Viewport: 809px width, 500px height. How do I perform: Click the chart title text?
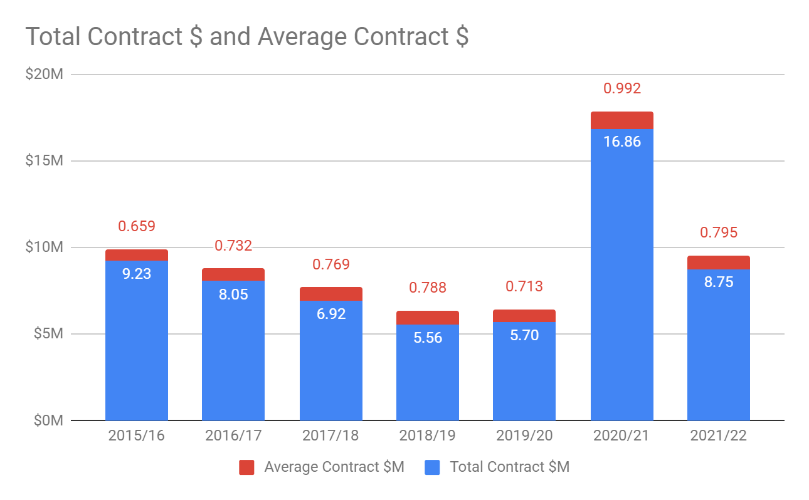point(246,37)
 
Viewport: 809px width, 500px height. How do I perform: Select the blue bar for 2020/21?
point(621,282)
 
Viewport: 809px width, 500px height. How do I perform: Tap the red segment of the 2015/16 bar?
point(136,255)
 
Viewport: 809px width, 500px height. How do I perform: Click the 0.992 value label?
point(621,88)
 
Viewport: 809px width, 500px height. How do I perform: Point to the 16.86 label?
point(621,142)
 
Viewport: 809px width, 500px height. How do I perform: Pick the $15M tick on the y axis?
point(44,161)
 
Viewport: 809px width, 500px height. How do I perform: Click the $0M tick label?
point(48,420)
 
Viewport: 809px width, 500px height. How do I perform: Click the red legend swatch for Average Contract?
point(246,467)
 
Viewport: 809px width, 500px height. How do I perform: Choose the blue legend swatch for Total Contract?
point(432,467)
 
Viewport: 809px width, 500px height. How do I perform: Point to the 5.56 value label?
point(427,338)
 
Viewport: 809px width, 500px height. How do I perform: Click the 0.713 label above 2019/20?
point(524,287)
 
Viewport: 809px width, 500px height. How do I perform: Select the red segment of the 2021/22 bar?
point(718,263)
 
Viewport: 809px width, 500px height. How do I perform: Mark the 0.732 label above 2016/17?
point(233,246)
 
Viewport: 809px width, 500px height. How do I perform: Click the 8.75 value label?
point(718,282)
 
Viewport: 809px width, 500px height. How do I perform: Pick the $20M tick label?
point(44,75)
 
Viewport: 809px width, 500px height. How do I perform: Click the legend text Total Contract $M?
point(509,467)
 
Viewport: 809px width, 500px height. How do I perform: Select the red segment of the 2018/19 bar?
point(427,318)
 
